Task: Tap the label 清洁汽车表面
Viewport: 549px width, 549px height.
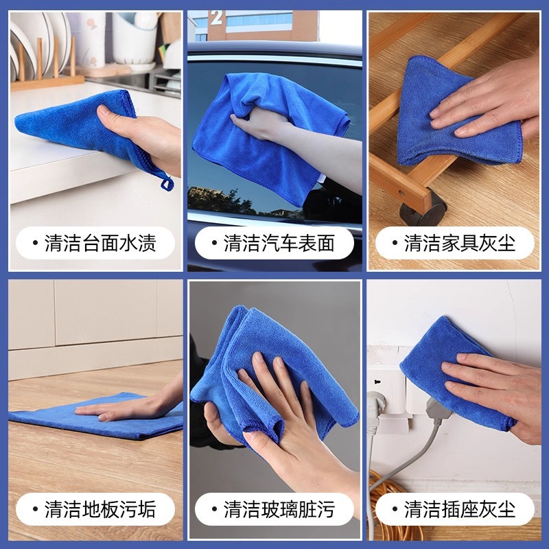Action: tap(274, 244)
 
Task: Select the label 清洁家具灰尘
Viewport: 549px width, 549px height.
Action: tap(454, 244)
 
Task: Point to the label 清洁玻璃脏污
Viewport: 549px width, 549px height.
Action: tap(274, 509)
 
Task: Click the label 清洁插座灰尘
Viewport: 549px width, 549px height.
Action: tap(454, 509)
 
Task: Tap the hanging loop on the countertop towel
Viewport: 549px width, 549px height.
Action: tap(165, 182)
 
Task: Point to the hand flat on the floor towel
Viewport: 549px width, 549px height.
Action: tap(124, 410)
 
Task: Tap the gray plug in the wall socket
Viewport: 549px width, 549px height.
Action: tap(436, 409)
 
